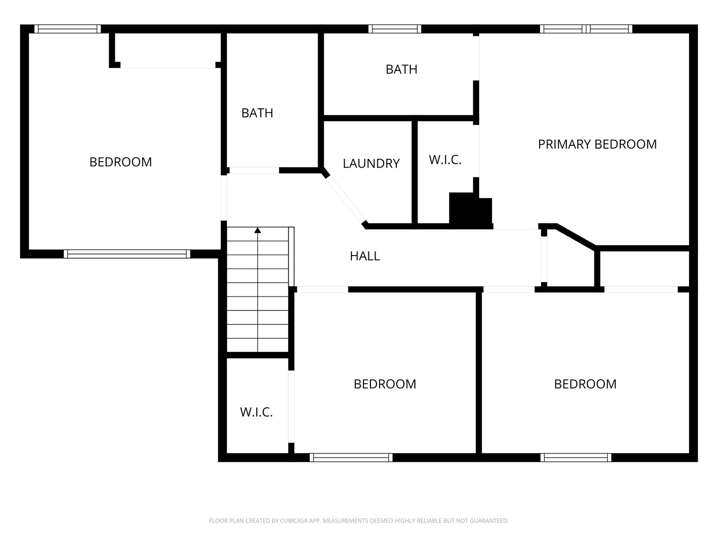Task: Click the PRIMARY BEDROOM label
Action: (x=597, y=144)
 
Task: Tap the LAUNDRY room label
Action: (x=371, y=163)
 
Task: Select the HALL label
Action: (x=364, y=256)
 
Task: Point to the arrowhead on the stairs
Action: (x=258, y=231)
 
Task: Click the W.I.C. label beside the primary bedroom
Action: (x=445, y=160)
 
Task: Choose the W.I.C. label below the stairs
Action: (x=256, y=412)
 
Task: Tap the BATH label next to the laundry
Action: (x=257, y=113)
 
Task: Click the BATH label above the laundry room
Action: (x=401, y=69)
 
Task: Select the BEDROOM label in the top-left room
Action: (x=120, y=162)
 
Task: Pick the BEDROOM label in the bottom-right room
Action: (x=585, y=384)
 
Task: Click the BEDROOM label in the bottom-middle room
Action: (x=384, y=384)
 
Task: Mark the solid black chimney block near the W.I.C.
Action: (x=470, y=211)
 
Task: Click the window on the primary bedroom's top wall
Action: (x=586, y=29)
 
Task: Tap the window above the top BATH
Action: (x=395, y=29)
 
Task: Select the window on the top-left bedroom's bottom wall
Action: (x=127, y=254)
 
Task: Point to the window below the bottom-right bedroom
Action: (x=576, y=458)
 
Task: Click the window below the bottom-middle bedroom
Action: (x=351, y=458)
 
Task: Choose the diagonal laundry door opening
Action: (x=346, y=199)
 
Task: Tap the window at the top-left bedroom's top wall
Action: (x=68, y=29)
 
